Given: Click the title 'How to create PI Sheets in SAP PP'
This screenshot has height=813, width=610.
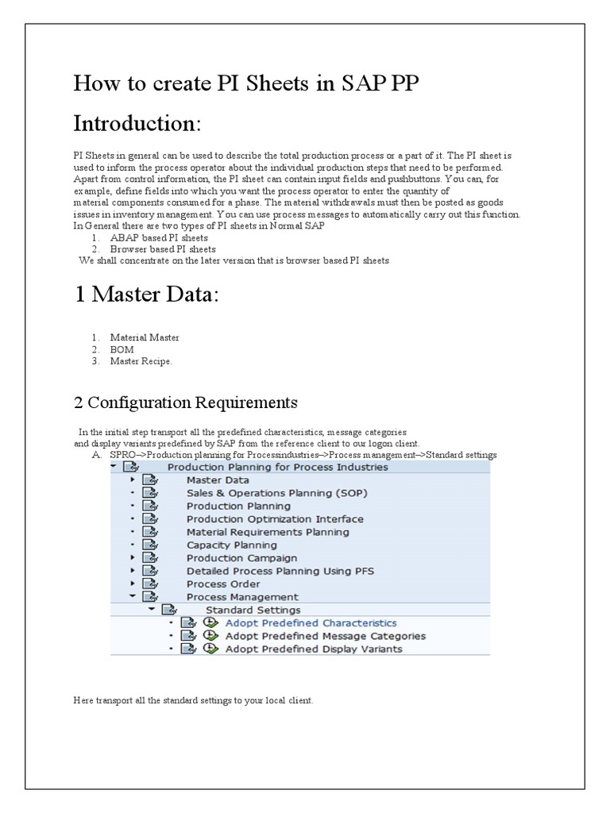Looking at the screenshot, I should (x=245, y=83).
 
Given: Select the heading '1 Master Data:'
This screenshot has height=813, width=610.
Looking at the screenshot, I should (x=146, y=295).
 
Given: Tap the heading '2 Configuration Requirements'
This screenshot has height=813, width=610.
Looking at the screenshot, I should (x=185, y=403).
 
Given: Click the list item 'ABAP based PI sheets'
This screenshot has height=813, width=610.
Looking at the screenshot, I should (x=159, y=237).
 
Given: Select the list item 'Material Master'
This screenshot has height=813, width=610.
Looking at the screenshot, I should (x=145, y=337).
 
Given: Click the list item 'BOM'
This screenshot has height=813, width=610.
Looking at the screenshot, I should (x=122, y=349).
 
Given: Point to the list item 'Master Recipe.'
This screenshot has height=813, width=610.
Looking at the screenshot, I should (x=141, y=361).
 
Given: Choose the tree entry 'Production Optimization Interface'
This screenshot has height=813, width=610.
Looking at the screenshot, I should (x=275, y=519).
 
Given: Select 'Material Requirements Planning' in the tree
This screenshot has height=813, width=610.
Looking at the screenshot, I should (x=268, y=532).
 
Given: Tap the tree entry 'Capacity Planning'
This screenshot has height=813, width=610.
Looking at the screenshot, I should (x=232, y=545).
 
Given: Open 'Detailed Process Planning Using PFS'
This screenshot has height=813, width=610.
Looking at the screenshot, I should (x=280, y=571).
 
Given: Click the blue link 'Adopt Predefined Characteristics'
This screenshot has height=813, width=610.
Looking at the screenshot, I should (x=311, y=623).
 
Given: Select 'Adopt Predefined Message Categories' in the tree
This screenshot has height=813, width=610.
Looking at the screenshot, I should (x=325, y=636).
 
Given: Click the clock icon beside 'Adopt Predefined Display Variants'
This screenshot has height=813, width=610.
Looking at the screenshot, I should (x=210, y=649).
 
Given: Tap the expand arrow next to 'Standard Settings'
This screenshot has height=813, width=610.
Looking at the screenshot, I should (x=151, y=610).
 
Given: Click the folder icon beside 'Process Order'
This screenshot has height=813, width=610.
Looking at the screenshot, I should (x=149, y=584).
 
